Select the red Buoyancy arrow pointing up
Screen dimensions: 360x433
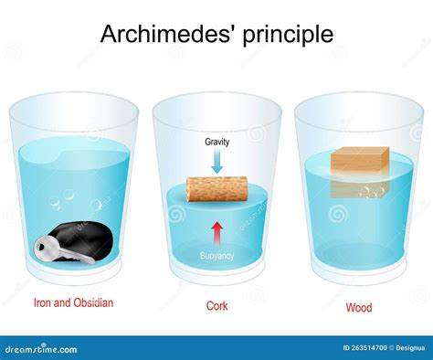(x=216, y=231)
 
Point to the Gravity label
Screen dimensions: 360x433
(x=216, y=143)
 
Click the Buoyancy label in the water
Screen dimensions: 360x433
(x=216, y=256)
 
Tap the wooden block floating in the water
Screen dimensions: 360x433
(x=358, y=162)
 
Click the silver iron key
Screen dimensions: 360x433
(x=63, y=250)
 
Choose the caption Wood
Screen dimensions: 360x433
(x=358, y=308)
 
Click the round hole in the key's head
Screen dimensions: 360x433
(x=44, y=246)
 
